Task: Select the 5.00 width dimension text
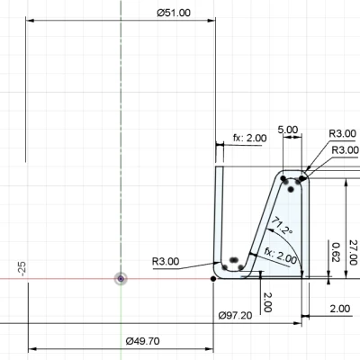[x=288, y=130]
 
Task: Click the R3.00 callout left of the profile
[x=166, y=262]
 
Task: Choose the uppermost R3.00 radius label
[x=343, y=132]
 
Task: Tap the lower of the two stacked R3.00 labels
[x=345, y=149]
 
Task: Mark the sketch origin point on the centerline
[x=121, y=279]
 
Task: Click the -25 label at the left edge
[x=20, y=268]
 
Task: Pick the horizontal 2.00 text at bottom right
[x=340, y=308]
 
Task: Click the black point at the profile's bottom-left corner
[x=212, y=279]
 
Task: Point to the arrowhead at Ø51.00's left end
[x=31, y=20]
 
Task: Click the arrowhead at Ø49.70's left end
[x=32, y=347]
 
